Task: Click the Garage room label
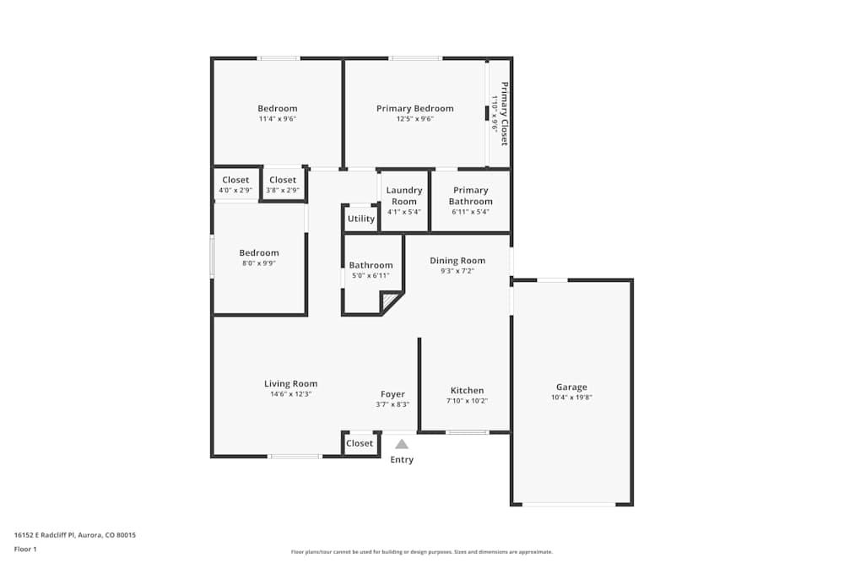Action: pyautogui.click(x=571, y=387)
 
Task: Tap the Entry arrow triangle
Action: pyautogui.click(x=402, y=444)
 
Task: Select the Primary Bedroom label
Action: pyautogui.click(x=414, y=108)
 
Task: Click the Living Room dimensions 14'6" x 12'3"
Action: pyautogui.click(x=290, y=394)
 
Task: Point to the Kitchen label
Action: pyautogui.click(x=467, y=390)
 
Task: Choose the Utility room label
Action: pyautogui.click(x=360, y=219)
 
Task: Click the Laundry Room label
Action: pyautogui.click(x=404, y=196)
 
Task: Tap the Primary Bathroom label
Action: pyautogui.click(x=470, y=196)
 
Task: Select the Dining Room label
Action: pyautogui.click(x=457, y=261)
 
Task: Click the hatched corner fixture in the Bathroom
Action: pyautogui.click(x=390, y=301)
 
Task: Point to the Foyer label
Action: pyautogui.click(x=392, y=394)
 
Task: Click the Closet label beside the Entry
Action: pyautogui.click(x=360, y=443)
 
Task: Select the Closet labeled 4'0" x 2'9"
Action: pyautogui.click(x=235, y=180)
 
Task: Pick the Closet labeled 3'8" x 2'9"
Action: pyautogui.click(x=283, y=180)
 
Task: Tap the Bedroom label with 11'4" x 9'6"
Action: pyautogui.click(x=277, y=108)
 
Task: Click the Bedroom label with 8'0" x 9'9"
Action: pyautogui.click(x=258, y=253)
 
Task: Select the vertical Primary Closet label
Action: pyautogui.click(x=504, y=113)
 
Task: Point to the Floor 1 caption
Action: pyautogui.click(x=25, y=549)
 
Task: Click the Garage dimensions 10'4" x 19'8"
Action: pyautogui.click(x=571, y=398)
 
